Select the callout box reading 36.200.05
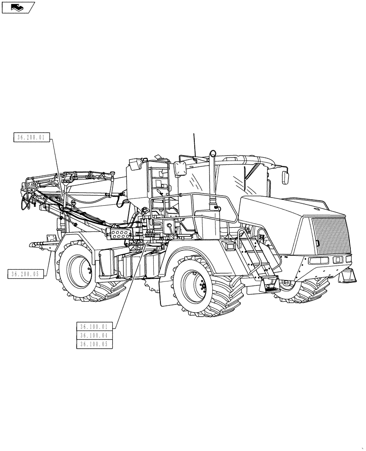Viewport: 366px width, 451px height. click(26, 273)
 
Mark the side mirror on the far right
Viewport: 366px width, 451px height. click(286, 177)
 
